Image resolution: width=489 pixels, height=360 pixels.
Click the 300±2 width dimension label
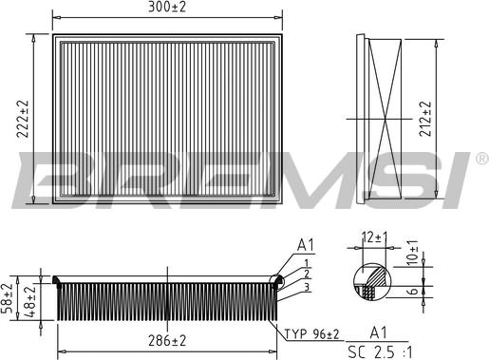[167, 9]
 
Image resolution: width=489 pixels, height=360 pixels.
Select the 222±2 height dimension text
[21, 119]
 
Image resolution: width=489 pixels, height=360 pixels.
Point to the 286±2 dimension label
[167, 339]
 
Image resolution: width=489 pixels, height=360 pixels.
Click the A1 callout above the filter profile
[305, 244]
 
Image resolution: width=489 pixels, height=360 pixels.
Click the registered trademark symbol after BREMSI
[480, 156]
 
